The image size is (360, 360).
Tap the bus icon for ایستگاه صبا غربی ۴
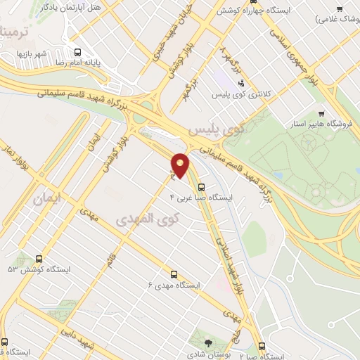pyautogui.click(x=202, y=187)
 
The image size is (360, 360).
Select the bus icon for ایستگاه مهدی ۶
pyautogui.click(x=174, y=275)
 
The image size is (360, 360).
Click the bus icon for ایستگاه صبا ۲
pyautogui.click(x=262, y=347)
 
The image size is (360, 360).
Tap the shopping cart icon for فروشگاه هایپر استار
pyautogui.click(x=321, y=113)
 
